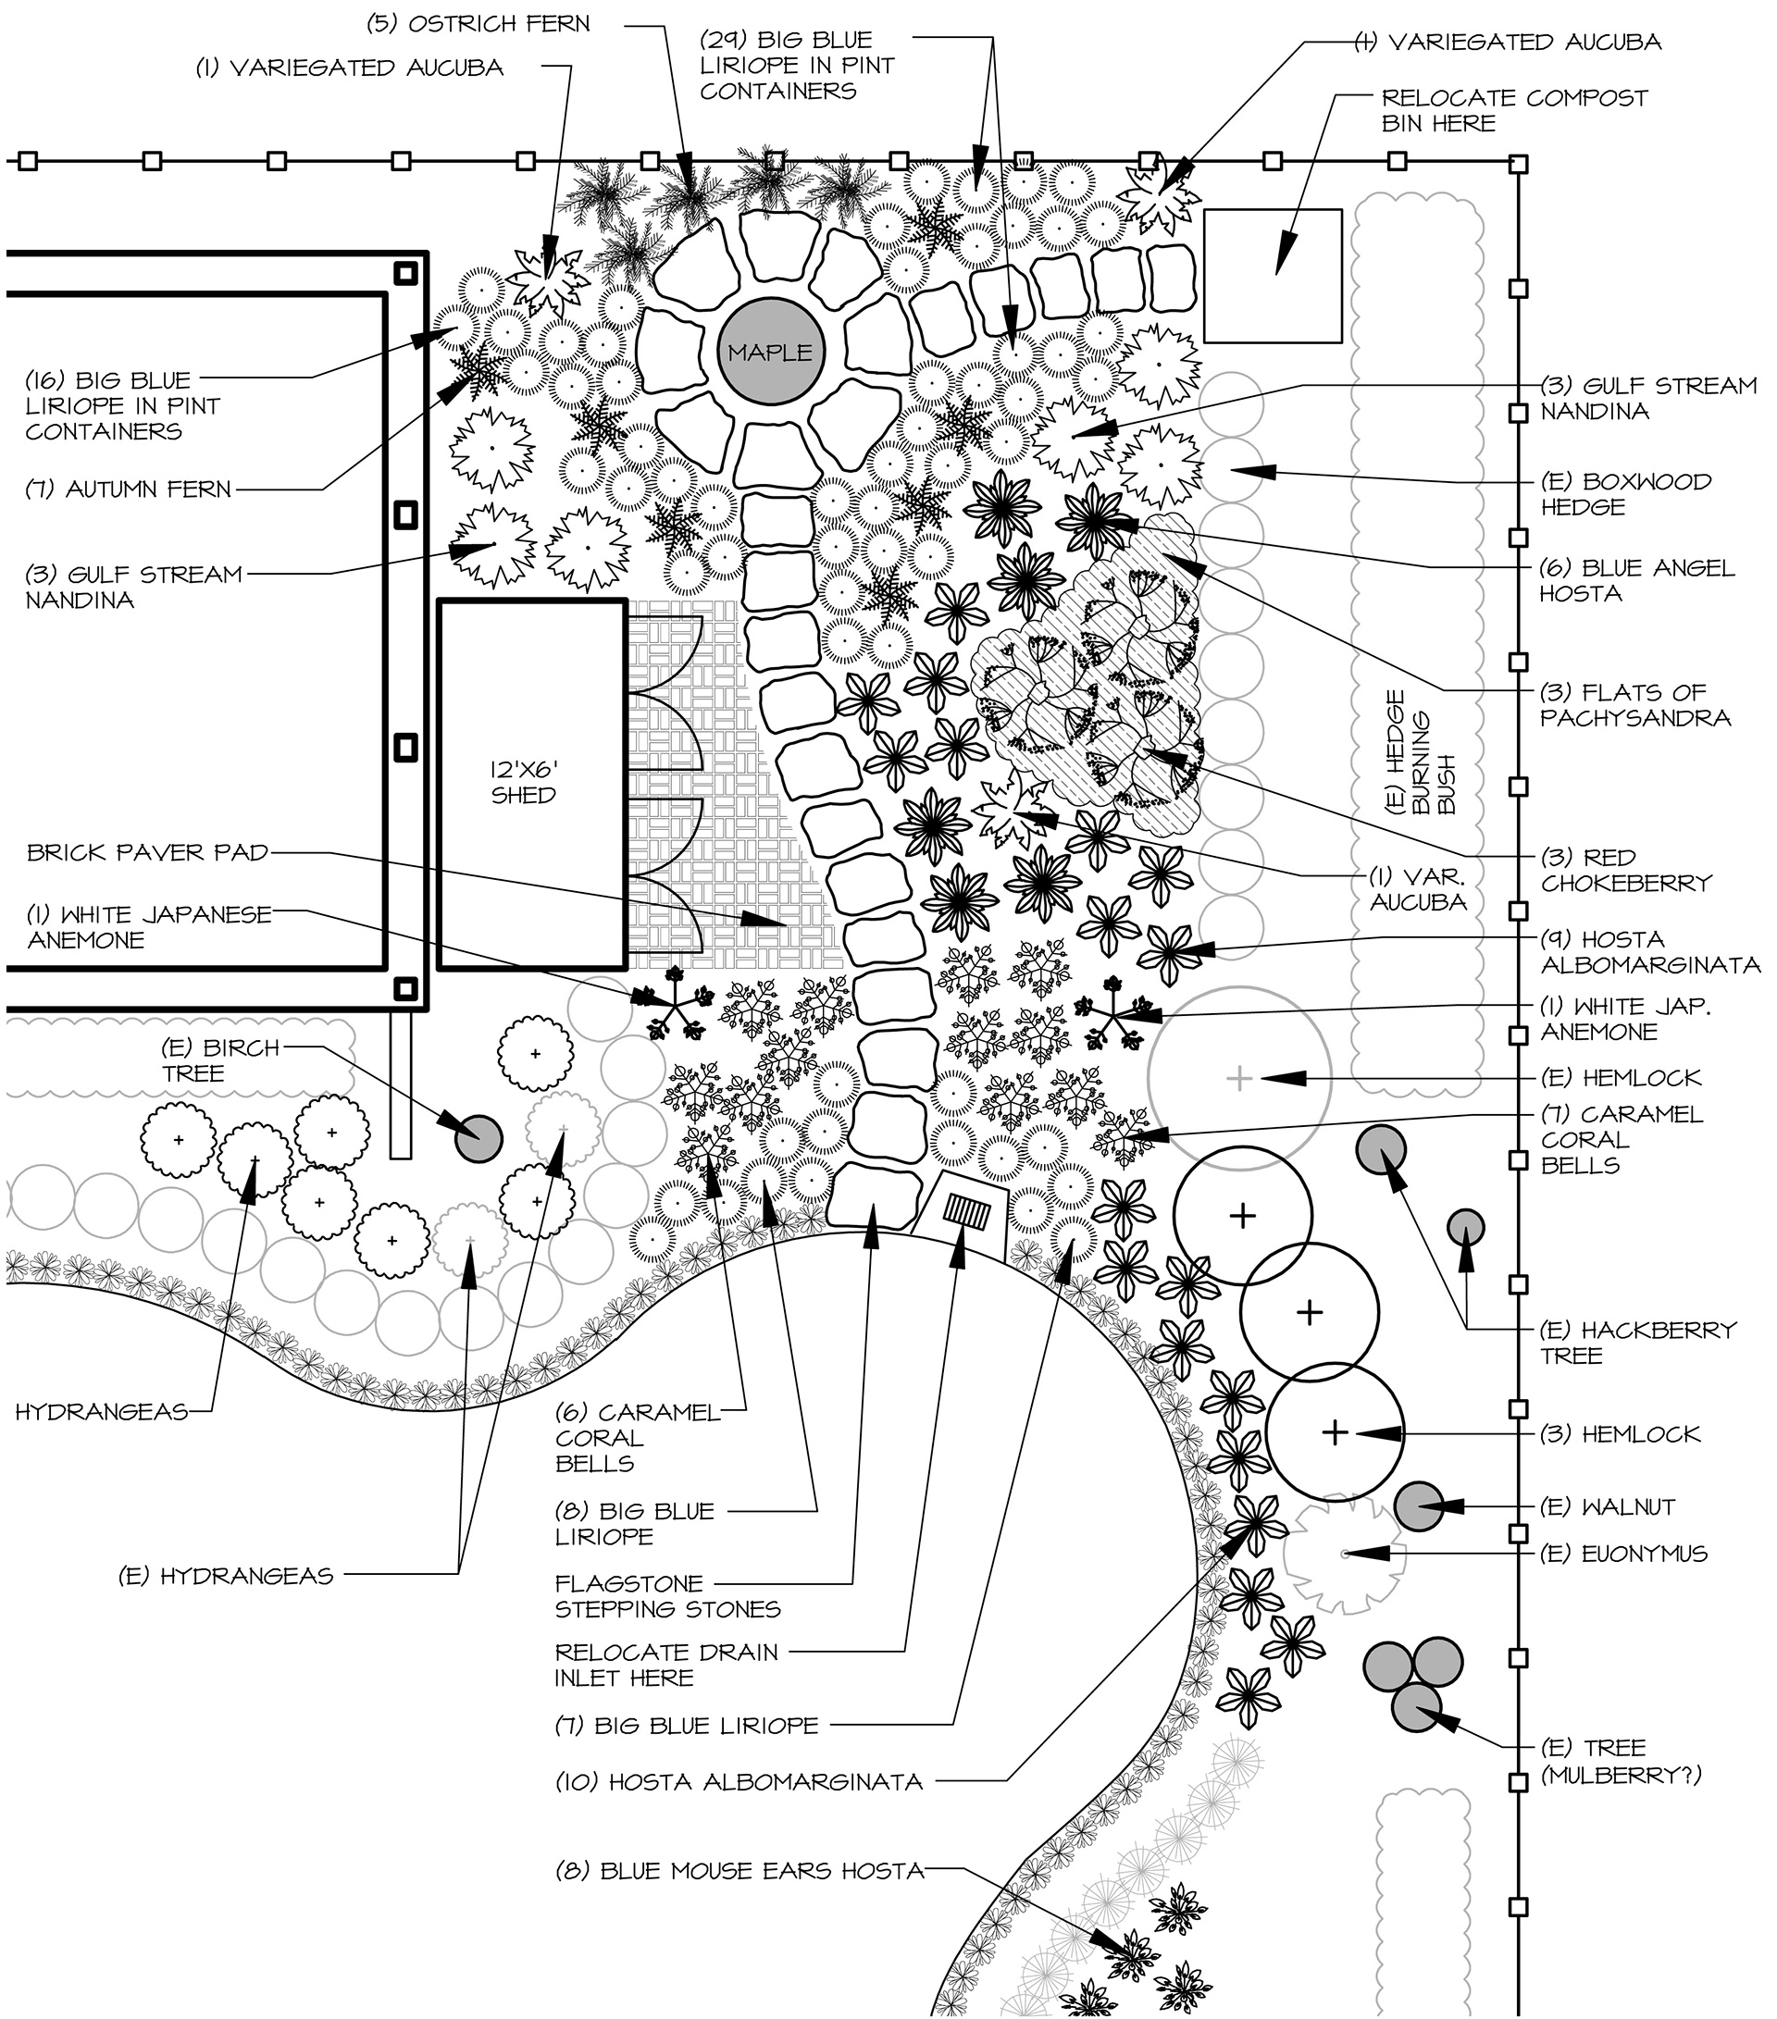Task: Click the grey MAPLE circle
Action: coord(769,353)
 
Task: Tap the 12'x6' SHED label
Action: coord(524,782)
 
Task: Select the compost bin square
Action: coord(1273,276)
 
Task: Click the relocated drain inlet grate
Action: coord(968,1209)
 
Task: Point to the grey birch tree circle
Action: coord(478,1139)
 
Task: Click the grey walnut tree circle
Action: coord(1420,1506)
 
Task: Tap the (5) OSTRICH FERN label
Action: coord(478,24)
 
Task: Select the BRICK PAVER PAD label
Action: coord(147,852)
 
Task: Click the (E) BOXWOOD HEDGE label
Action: coord(1626,494)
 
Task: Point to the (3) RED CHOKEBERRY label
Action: coord(1626,870)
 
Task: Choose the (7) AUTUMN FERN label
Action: coord(129,489)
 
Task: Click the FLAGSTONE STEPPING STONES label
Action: coord(667,1596)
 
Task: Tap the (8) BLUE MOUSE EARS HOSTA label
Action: coord(739,1871)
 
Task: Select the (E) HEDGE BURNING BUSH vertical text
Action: coord(1421,751)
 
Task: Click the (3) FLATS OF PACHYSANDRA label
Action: coord(1635,704)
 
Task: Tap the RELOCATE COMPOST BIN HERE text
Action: coord(1514,111)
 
